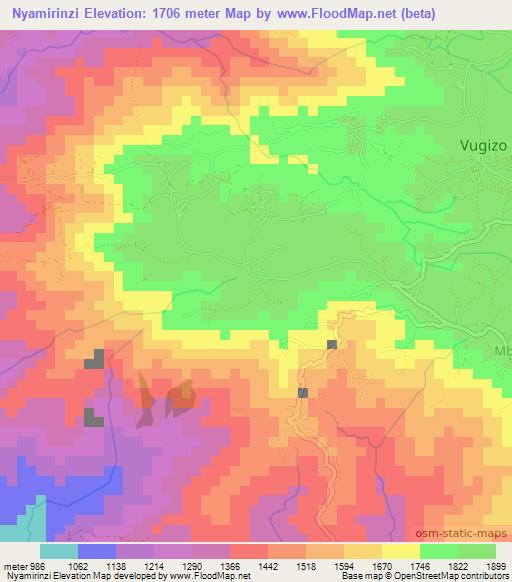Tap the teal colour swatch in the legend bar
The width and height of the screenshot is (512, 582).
pyautogui.click(x=58, y=551)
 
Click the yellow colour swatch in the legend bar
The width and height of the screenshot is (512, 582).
pyautogui.click(x=400, y=551)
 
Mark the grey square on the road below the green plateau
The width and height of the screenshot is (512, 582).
pyautogui.click(x=331, y=345)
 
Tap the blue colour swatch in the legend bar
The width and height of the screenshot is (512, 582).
pyautogui.click(x=96, y=551)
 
